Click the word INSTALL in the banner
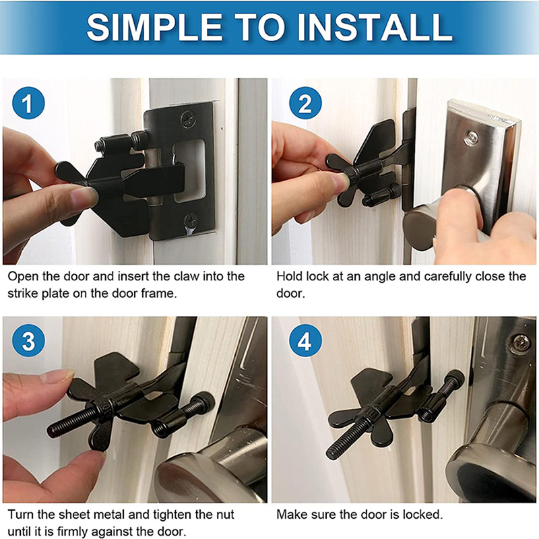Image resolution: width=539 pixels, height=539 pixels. pos(375,27)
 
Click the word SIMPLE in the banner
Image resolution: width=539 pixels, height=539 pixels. pos(155,27)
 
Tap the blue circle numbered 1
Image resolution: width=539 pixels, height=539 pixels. pos(28,103)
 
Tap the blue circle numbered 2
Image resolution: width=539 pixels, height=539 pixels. pos(305,103)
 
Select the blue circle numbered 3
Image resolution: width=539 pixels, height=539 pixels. pos(28,341)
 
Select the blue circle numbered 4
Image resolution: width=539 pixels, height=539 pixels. pos(305,341)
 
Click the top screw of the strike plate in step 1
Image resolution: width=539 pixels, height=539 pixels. pos(187,119)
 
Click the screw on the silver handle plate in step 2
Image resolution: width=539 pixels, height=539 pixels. pos(470,138)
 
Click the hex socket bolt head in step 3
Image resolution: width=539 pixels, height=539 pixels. pos(205,402)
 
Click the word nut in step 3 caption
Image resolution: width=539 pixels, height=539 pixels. pos(225,515)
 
